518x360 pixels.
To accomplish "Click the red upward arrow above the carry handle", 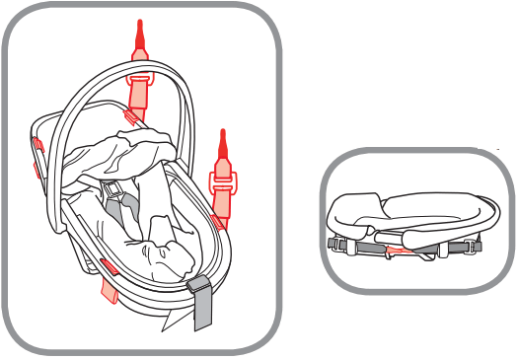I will [140, 39].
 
